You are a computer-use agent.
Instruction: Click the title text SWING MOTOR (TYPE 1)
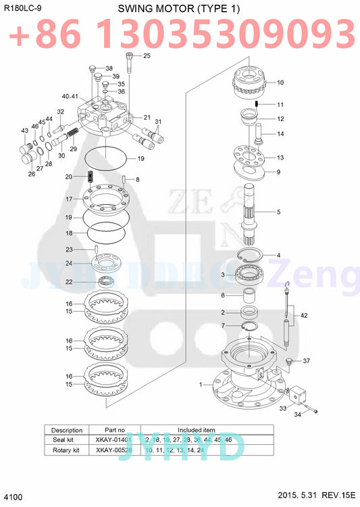[x=179, y=8]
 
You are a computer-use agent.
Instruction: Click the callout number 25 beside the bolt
[x=147, y=55]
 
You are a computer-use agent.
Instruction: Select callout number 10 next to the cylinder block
[x=280, y=83]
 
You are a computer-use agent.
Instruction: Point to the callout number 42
[x=304, y=316]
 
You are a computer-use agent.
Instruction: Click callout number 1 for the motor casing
[x=200, y=385]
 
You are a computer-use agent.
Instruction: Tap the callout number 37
[x=306, y=361]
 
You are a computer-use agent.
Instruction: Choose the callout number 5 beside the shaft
[x=278, y=212]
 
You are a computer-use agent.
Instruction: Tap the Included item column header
[x=196, y=430]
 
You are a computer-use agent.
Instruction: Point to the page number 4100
[x=14, y=498]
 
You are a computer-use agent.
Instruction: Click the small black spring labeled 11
[x=258, y=103]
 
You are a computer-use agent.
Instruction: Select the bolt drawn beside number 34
[x=314, y=410]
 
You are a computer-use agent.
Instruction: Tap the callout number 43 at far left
[x=24, y=130]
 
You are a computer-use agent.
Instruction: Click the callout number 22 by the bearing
[x=88, y=282]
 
